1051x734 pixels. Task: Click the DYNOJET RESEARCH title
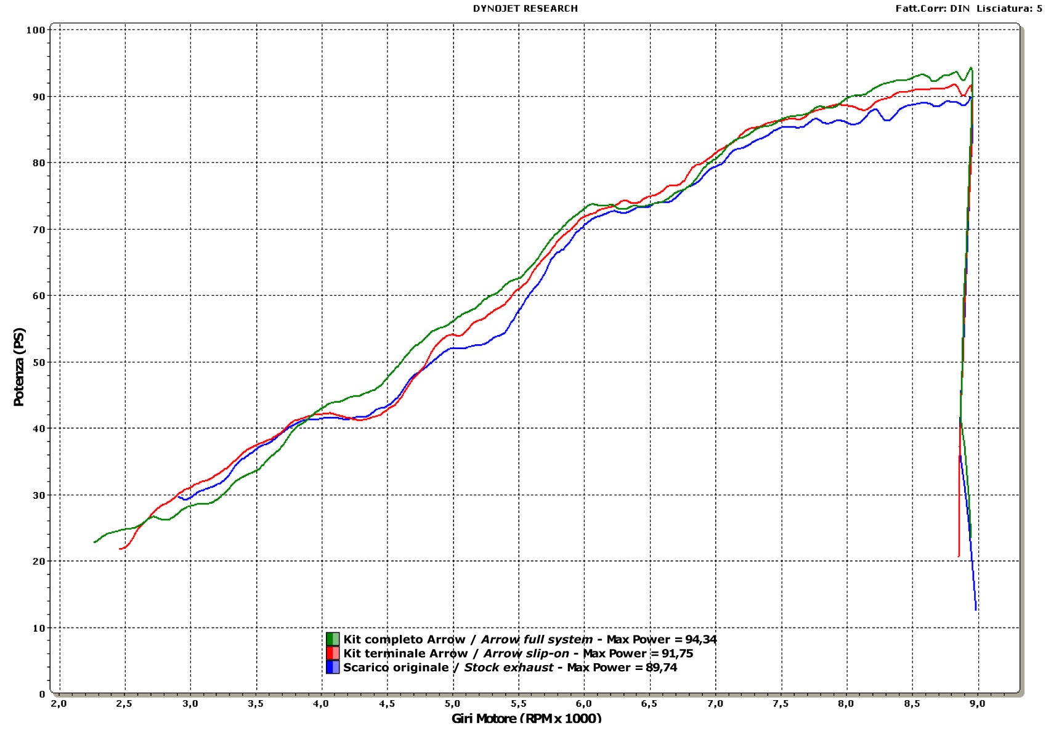525,9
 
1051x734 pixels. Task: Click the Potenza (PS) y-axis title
19,367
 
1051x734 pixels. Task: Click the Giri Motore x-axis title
526,718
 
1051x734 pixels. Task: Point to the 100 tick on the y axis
36,30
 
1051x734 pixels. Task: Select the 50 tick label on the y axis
38,362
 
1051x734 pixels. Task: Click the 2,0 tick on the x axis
59,704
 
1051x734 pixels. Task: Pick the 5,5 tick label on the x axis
519,704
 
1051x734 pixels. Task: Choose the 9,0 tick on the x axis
978,704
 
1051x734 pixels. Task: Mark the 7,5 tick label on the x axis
781,704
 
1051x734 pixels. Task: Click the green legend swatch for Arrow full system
333,639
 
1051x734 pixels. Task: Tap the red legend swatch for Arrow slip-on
333,653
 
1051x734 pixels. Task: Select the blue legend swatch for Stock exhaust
333,667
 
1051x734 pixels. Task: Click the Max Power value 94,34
701,640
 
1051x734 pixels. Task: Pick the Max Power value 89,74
662,667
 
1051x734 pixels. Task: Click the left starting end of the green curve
94,542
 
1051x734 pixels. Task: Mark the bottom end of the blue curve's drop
976,610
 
